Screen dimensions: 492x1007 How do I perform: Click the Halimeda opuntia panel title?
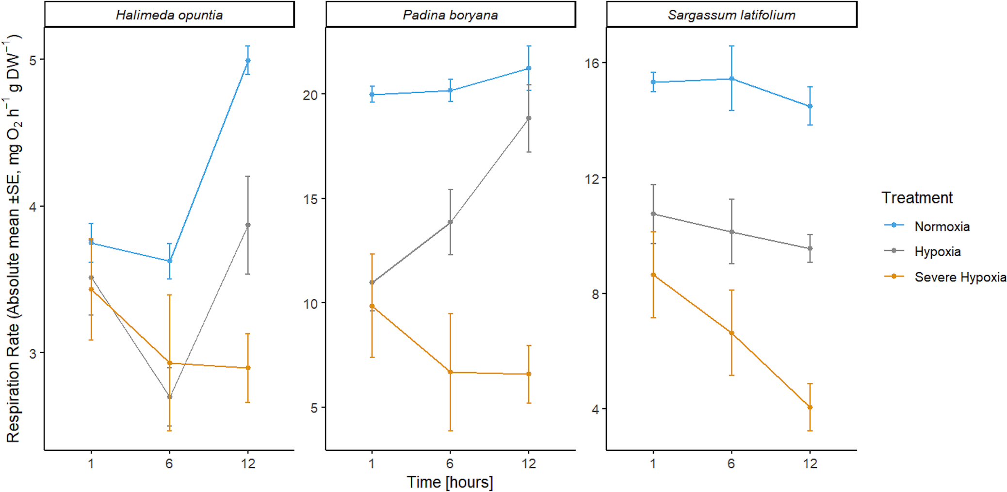(169, 15)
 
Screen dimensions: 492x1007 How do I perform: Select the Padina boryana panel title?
(450, 15)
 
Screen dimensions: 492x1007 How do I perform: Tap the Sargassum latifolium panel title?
(731, 15)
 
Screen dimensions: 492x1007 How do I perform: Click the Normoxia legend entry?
(942, 227)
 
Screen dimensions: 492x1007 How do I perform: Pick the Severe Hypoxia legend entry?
(960, 277)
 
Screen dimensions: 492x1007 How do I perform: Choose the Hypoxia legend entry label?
(937, 252)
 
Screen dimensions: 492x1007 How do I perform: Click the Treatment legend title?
(917, 198)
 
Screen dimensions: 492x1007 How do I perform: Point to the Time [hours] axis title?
(450, 482)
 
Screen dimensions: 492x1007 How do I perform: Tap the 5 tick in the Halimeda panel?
(33, 61)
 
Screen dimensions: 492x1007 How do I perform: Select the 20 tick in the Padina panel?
(310, 95)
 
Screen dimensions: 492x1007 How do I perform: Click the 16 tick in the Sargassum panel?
(592, 63)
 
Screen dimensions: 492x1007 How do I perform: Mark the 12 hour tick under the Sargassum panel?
(810, 464)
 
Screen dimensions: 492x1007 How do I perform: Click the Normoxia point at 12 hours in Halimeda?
(248, 61)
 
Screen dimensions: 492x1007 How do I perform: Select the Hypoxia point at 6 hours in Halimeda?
(169, 397)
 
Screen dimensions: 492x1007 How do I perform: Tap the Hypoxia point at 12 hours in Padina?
(529, 118)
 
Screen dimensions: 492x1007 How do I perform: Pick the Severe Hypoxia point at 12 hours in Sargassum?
(810, 408)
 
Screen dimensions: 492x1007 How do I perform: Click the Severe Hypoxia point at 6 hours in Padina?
(450, 372)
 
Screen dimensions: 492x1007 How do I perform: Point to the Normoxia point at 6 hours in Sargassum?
(731, 79)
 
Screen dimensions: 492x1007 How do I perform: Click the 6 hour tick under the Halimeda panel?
(169, 464)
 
